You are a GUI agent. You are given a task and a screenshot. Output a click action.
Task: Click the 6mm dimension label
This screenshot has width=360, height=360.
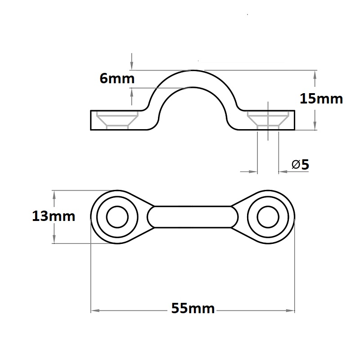[117, 78]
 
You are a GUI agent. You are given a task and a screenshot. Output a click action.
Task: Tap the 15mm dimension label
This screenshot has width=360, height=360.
[321, 99]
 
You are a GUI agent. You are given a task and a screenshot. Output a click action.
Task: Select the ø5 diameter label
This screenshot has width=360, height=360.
[300, 165]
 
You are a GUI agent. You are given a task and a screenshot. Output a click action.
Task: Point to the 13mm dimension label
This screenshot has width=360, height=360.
[54, 216]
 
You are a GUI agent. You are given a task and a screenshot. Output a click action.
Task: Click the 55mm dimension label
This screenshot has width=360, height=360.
[193, 308]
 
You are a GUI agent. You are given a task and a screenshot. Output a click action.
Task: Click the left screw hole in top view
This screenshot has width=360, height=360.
[117, 217]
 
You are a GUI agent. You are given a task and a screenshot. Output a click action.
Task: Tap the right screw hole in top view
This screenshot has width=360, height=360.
[268, 217]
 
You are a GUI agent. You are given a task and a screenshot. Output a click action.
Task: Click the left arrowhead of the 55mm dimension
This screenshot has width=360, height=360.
[95, 310]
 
